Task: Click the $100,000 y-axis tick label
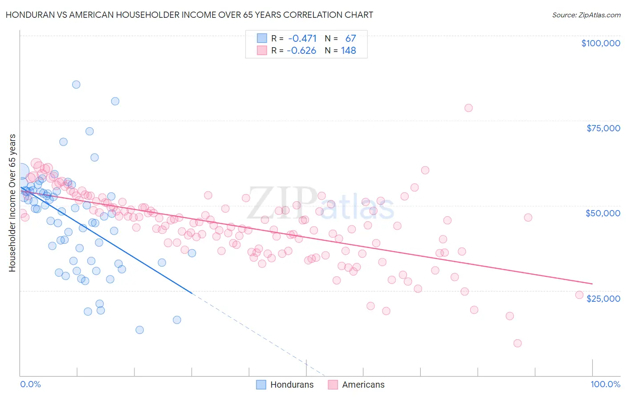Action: click(600, 43)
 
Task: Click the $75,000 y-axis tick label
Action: click(603, 128)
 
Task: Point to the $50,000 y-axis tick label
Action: click(603, 213)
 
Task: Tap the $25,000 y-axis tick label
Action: click(603, 298)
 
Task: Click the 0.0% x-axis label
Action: click(30, 384)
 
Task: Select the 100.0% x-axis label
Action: click(605, 384)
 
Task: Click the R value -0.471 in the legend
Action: click(302, 39)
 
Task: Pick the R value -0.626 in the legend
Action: click(301, 51)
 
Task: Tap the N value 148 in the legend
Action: click(348, 51)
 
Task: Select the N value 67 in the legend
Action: click(350, 39)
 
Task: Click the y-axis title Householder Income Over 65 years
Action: click(12, 203)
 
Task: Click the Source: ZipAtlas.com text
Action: click(586, 15)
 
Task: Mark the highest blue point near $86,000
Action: click(76, 85)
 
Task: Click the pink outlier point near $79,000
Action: click(468, 108)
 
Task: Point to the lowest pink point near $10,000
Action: click(517, 343)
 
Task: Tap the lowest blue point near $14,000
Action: click(139, 330)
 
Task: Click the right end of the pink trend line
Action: click(592, 284)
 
